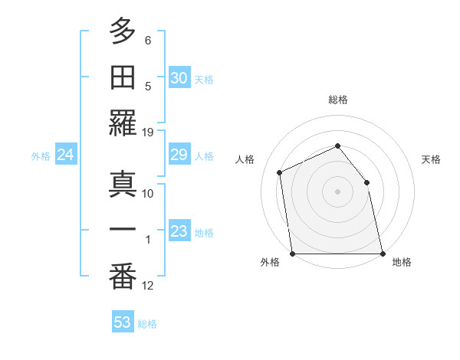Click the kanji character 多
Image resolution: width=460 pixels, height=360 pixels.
[x=123, y=33]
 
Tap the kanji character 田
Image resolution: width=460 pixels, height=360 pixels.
[x=123, y=78]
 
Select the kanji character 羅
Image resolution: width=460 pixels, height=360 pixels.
[x=123, y=124]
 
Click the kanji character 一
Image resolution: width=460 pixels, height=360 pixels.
[x=123, y=231]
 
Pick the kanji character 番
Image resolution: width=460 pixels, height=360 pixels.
[x=123, y=277]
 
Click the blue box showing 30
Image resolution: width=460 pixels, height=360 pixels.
[x=179, y=78]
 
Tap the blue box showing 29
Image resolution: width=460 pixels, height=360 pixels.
[x=179, y=155]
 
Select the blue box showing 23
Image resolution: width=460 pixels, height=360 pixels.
[x=179, y=231]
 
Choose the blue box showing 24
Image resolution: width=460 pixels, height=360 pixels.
[x=66, y=155]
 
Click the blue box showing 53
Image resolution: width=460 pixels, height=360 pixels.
[x=123, y=322]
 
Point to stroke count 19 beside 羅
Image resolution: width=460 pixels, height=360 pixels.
[x=148, y=132]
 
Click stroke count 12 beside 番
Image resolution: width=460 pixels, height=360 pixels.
[x=148, y=286]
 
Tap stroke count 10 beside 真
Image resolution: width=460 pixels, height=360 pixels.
[x=148, y=194]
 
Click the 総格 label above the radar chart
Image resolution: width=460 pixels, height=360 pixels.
[x=337, y=100]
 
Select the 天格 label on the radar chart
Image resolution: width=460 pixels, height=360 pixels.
[x=431, y=159]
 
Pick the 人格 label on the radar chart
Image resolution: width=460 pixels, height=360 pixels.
[x=245, y=159]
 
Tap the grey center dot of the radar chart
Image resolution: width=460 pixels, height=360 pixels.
[x=337, y=191]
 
